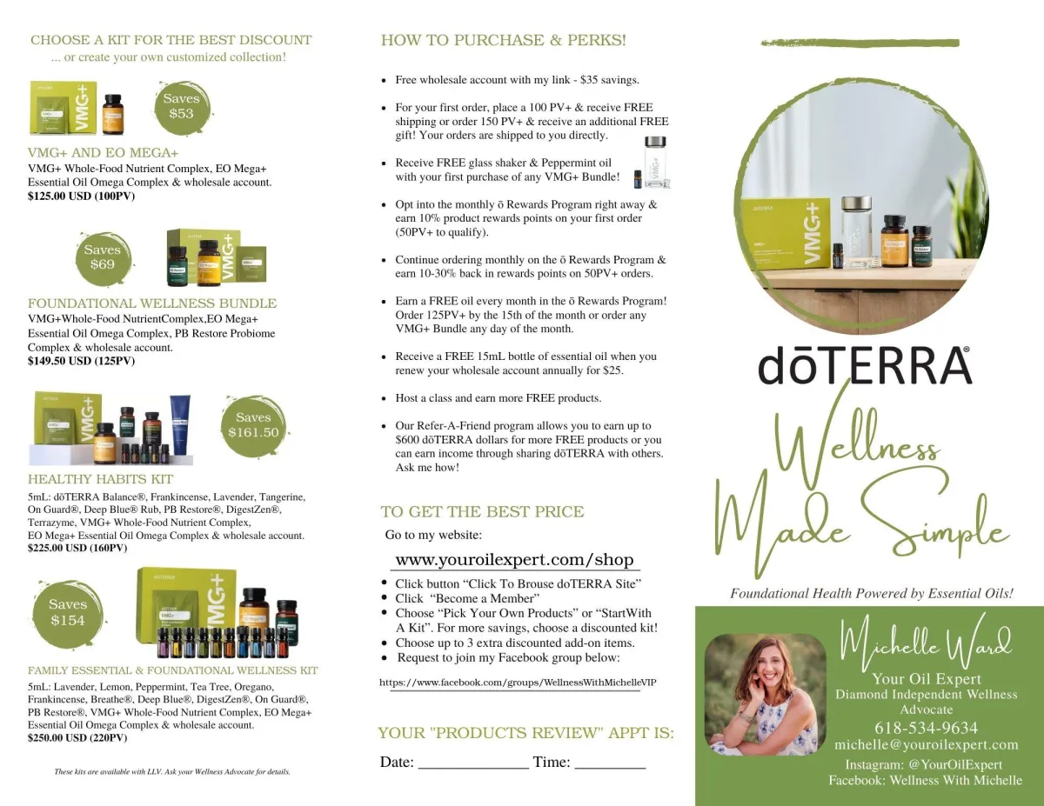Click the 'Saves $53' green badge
click(x=182, y=107)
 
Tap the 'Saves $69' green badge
click(x=104, y=258)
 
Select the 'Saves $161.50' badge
click(x=254, y=425)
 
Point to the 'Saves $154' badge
click(x=68, y=612)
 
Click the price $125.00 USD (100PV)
click(x=81, y=196)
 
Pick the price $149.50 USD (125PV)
click(x=81, y=361)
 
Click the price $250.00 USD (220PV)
click(x=77, y=738)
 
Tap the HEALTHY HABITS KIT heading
click(x=100, y=479)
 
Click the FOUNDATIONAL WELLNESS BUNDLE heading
click(x=152, y=303)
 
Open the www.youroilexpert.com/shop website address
click(x=514, y=560)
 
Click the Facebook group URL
click(x=518, y=683)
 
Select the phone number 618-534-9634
click(x=926, y=728)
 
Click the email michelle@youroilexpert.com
click(x=926, y=744)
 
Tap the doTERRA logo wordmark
click(x=864, y=365)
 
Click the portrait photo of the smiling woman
click(x=766, y=694)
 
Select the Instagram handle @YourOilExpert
click(x=955, y=765)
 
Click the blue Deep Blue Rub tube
click(x=180, y=424)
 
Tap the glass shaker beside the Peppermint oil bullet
click(x=656, y=163)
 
